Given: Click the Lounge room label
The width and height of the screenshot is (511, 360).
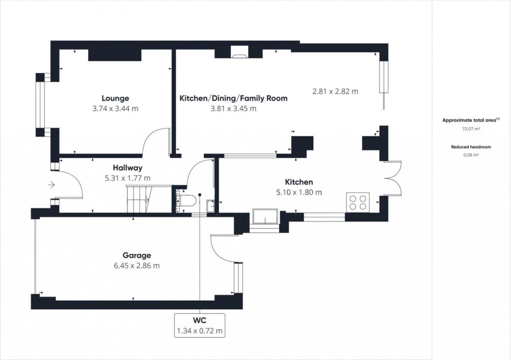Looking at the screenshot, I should coord(115,98).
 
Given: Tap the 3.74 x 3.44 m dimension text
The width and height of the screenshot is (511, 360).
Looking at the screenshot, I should coord(115,108).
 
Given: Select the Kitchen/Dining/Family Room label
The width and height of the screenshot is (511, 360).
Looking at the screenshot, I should coord(233,98).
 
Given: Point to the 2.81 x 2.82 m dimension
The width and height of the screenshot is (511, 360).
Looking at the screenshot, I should coord(335,91).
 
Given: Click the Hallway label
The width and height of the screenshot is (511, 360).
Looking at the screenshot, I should coord(127,168).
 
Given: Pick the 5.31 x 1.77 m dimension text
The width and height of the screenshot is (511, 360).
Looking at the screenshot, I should coord(127,178).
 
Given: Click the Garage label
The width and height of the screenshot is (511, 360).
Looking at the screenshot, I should coord(137,255).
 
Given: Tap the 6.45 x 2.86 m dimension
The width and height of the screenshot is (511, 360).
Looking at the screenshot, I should coord(137,266).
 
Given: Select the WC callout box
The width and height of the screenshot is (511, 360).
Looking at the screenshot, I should coord(200,324).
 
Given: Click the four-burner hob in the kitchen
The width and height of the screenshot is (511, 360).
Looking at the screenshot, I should coord(358,202).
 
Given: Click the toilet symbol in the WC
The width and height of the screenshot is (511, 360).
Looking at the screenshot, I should coord(188,201).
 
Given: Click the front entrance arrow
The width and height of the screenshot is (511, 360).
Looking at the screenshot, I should coord(51,184).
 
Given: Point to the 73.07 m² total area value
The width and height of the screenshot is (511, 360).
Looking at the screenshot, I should coord(470,128).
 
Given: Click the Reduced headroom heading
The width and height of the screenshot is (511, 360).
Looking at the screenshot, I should coord(470,147).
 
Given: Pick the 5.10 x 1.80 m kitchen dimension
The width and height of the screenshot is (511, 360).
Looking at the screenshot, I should coord(299,192).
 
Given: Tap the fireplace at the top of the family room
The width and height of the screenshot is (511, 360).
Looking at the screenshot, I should coord(240,51).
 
